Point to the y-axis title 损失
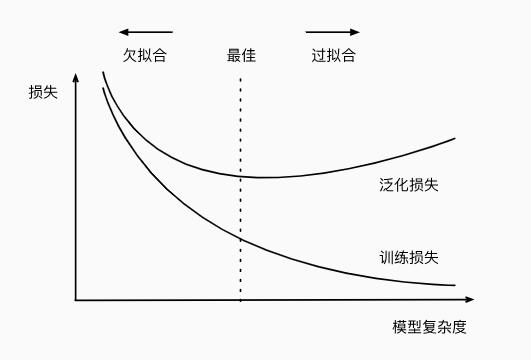point(43,93)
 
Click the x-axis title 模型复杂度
point(430,327)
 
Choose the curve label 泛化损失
point(410,185)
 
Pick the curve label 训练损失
point(410,257)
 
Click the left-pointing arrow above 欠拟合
point(145,32)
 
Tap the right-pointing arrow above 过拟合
point(333,32)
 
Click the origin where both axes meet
point(76,299)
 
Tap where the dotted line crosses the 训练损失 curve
point(241,238)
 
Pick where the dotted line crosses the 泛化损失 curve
point(241,175)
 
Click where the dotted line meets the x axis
point(241,299)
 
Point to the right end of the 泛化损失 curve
point(455,138)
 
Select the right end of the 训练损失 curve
point(455,286)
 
